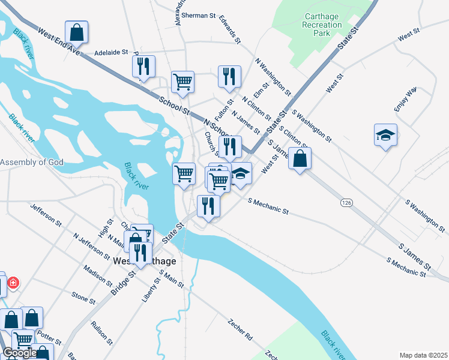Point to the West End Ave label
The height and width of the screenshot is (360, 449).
[58, 42]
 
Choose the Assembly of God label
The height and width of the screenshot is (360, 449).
[32, 162]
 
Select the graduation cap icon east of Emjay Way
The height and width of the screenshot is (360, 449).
[385, 134]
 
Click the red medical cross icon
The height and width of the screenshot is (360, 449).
[13, 282]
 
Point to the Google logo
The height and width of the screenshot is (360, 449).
[19, 353]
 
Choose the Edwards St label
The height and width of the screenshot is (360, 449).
[230, 29]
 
